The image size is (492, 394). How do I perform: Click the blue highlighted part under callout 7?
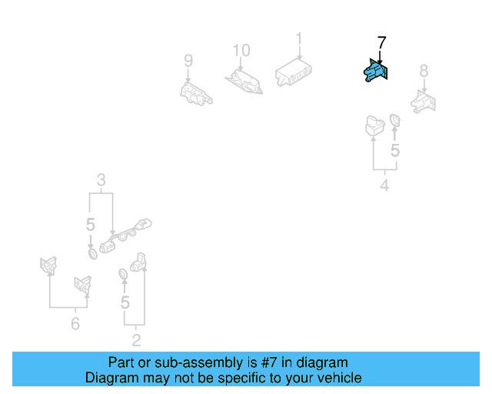(374, 72)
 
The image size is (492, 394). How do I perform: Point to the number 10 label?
(241, 51)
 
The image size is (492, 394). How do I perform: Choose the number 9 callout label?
(188, 61)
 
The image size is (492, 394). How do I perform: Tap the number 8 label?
(423, 71)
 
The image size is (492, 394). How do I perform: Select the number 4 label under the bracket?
(384, 185)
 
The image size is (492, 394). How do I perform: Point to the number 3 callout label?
(101, 182)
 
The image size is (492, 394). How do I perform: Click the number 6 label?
(75, 324)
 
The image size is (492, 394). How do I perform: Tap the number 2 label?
(136, 339)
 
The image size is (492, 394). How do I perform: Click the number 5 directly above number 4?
(395, 150)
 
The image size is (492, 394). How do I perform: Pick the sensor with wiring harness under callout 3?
(127, 235)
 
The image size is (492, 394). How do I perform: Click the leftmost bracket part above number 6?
(47, 266)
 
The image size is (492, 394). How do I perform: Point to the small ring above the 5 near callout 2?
(123, 274)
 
